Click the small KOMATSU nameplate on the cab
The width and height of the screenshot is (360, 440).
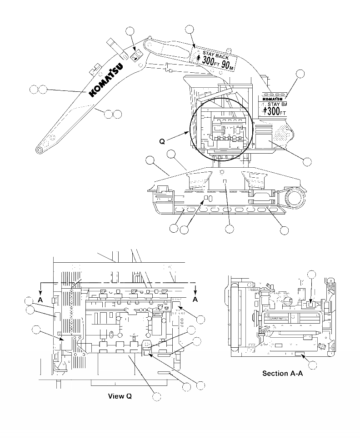tap(271, 98)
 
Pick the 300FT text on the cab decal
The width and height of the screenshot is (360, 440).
tap(277, 110)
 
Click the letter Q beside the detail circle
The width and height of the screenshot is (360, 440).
tap(162, 141)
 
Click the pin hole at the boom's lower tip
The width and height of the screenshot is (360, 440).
tap(40, 150)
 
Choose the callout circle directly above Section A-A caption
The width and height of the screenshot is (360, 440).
tap(312, 364)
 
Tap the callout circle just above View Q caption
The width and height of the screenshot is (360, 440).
tap(156, 397)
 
